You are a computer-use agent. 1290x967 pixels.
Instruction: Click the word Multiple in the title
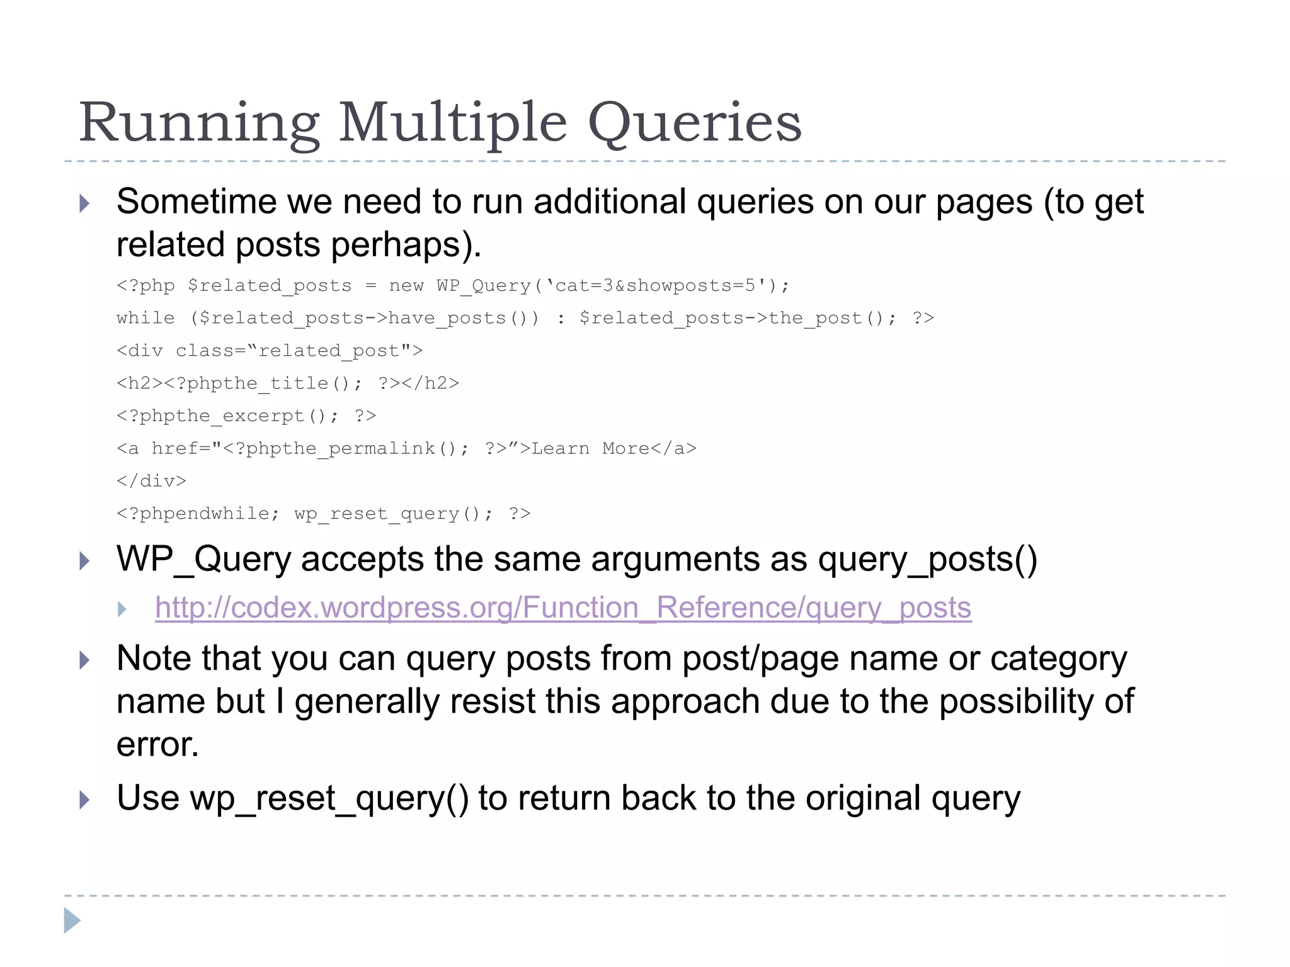coord(452,123)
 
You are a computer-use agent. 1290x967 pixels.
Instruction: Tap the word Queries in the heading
coord(694,123)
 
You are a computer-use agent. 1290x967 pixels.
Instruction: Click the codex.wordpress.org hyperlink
coord(562,608)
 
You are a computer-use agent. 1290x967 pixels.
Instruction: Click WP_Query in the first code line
coord(484,286)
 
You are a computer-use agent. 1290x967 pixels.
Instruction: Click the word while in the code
coord(146,318)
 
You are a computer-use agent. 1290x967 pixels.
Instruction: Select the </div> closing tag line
coord(152,481)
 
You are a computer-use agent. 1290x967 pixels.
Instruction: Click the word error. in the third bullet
coord(157,744)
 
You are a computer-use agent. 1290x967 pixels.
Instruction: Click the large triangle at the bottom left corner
coord(72,920)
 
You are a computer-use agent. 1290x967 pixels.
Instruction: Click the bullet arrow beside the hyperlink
coord(122,609)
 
